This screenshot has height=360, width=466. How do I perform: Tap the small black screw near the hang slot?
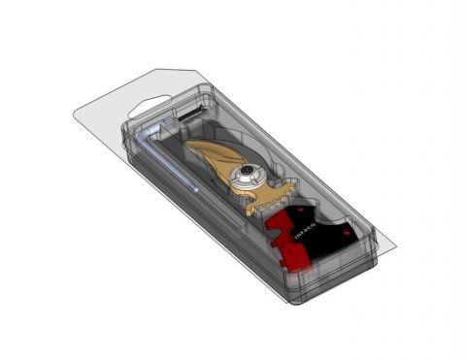click(x=187, y=116)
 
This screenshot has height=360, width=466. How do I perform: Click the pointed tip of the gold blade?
click(x=186, y=147)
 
